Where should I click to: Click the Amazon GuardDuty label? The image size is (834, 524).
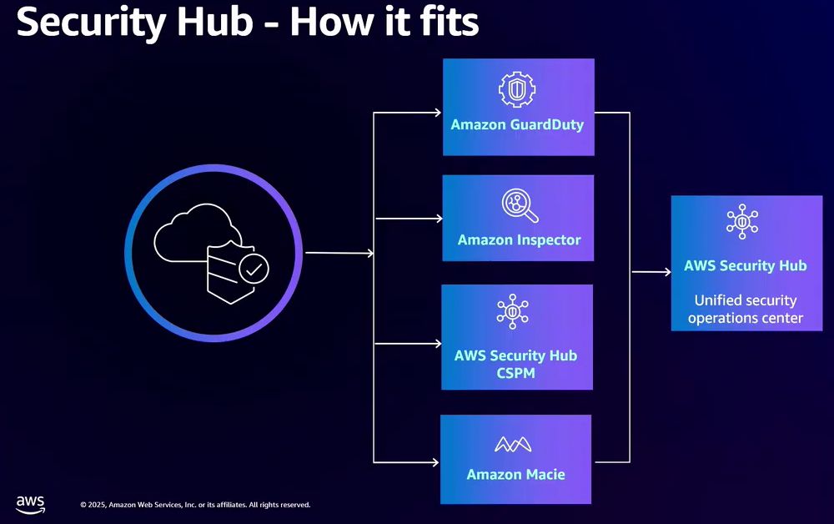click(517, 125)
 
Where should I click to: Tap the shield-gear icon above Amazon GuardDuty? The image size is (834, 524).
click(517, 88)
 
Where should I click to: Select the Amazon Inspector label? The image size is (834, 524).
click(519, 240)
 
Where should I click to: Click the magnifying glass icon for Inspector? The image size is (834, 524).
click(519, 205)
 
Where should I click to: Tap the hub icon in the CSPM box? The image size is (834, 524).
click(514, 314)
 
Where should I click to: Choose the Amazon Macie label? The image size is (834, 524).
click(515, 475)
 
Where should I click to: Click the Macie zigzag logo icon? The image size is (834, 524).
click(515, 445)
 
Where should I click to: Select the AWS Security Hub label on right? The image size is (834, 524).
click(746, 266)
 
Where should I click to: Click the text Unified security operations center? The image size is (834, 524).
click(746, 309)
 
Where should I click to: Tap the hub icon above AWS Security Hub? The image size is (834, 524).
click(741, 222)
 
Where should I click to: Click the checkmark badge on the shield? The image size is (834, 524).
click(254, 269)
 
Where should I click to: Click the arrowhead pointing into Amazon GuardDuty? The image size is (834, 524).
click(437, 113)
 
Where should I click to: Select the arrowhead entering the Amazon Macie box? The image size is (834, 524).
click(435, 461)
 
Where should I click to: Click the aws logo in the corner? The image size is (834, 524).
click(31, 504)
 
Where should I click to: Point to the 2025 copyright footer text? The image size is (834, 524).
click(195, 505)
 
